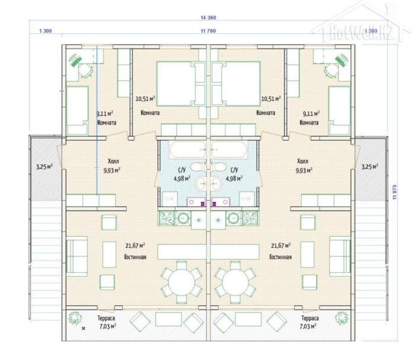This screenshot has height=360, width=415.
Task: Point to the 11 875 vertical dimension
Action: [394, 193]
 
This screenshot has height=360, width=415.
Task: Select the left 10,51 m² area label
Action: [145, 99]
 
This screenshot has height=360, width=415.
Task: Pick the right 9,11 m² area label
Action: [311, 113]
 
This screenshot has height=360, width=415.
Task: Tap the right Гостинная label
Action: [280, 257]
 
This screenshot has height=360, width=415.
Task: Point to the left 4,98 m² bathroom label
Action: [181, 177]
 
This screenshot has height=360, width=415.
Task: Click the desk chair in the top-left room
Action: [85, 69]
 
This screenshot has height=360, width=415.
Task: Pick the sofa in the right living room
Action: [340, 255]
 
